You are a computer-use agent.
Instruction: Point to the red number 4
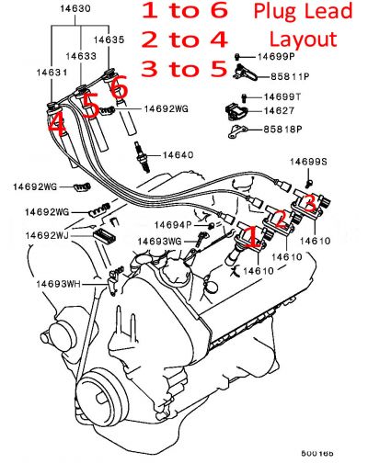point(57,124)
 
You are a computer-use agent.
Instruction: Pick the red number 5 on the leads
point(90,107)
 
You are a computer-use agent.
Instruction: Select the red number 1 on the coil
point(248,239)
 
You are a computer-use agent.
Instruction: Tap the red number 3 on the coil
point(312,201)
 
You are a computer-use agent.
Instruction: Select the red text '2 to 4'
point(183,41)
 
